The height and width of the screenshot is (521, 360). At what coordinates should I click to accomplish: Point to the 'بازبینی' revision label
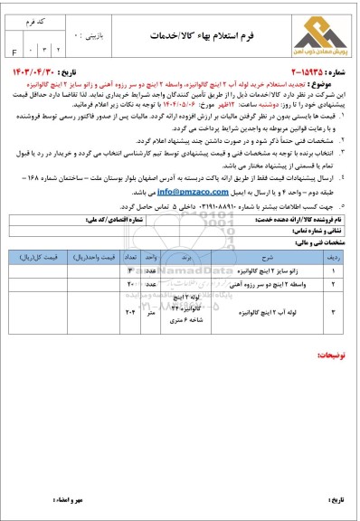pos(71,18)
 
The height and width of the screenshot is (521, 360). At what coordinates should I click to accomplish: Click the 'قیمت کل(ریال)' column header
pos(36,256)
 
